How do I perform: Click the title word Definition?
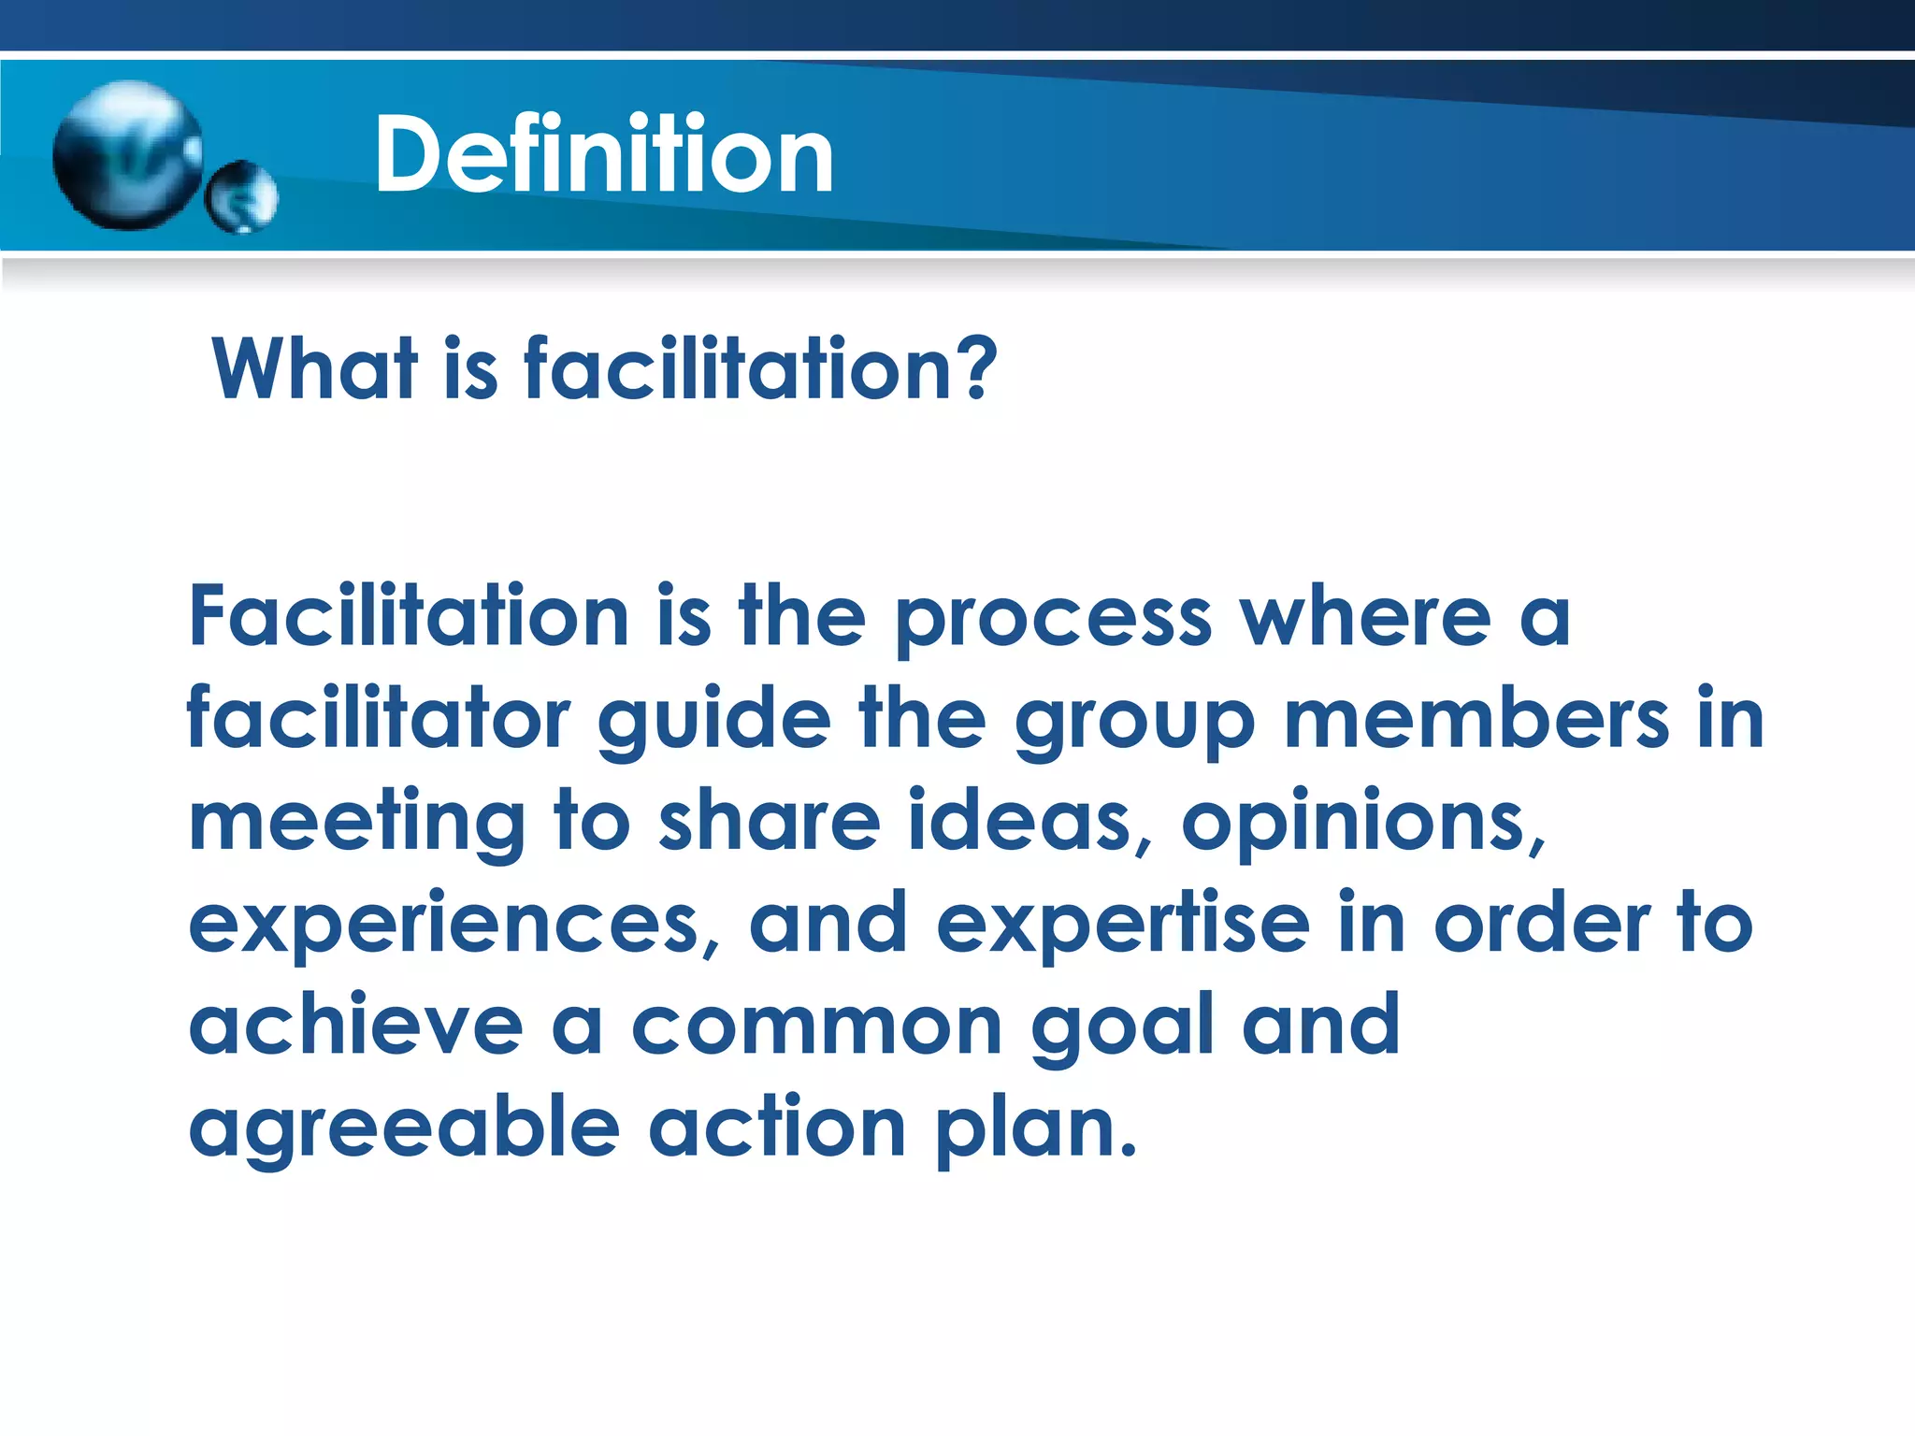click(603, 154)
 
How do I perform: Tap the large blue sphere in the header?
click(128, 155)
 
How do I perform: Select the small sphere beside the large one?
click(242, 196)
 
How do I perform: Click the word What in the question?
click(314, 369)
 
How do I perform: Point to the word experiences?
click(444, 926)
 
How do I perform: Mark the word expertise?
click(1122, 926)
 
